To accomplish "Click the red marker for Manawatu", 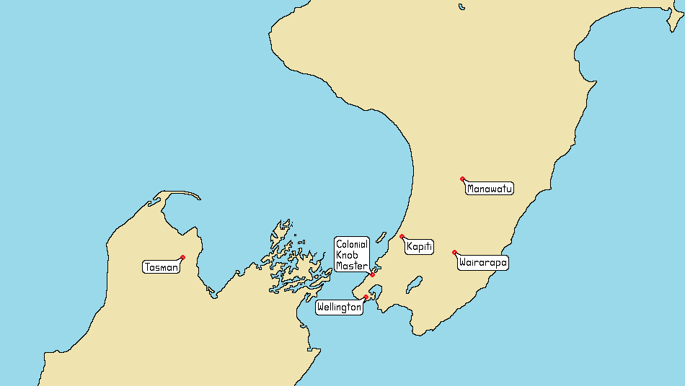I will point(462,179).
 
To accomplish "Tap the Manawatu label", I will point(490,189).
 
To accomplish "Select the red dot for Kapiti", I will point(402,236).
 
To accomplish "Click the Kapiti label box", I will point(419,247).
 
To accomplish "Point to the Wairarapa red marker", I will point(454,252).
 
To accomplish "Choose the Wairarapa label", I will point(482,263).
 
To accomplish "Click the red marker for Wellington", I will point(366,297).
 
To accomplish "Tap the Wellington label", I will point(339,308).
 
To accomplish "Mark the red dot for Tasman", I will point(183,257).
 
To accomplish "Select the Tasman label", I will point(161,267).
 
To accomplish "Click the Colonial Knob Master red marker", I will point(373,274).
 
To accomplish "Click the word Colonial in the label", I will point(352,245).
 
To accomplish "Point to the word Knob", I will point(347,255).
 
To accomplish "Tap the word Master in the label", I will point(351,266).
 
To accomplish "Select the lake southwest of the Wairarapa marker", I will point(413,284).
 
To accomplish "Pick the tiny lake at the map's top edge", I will point(461,7).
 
